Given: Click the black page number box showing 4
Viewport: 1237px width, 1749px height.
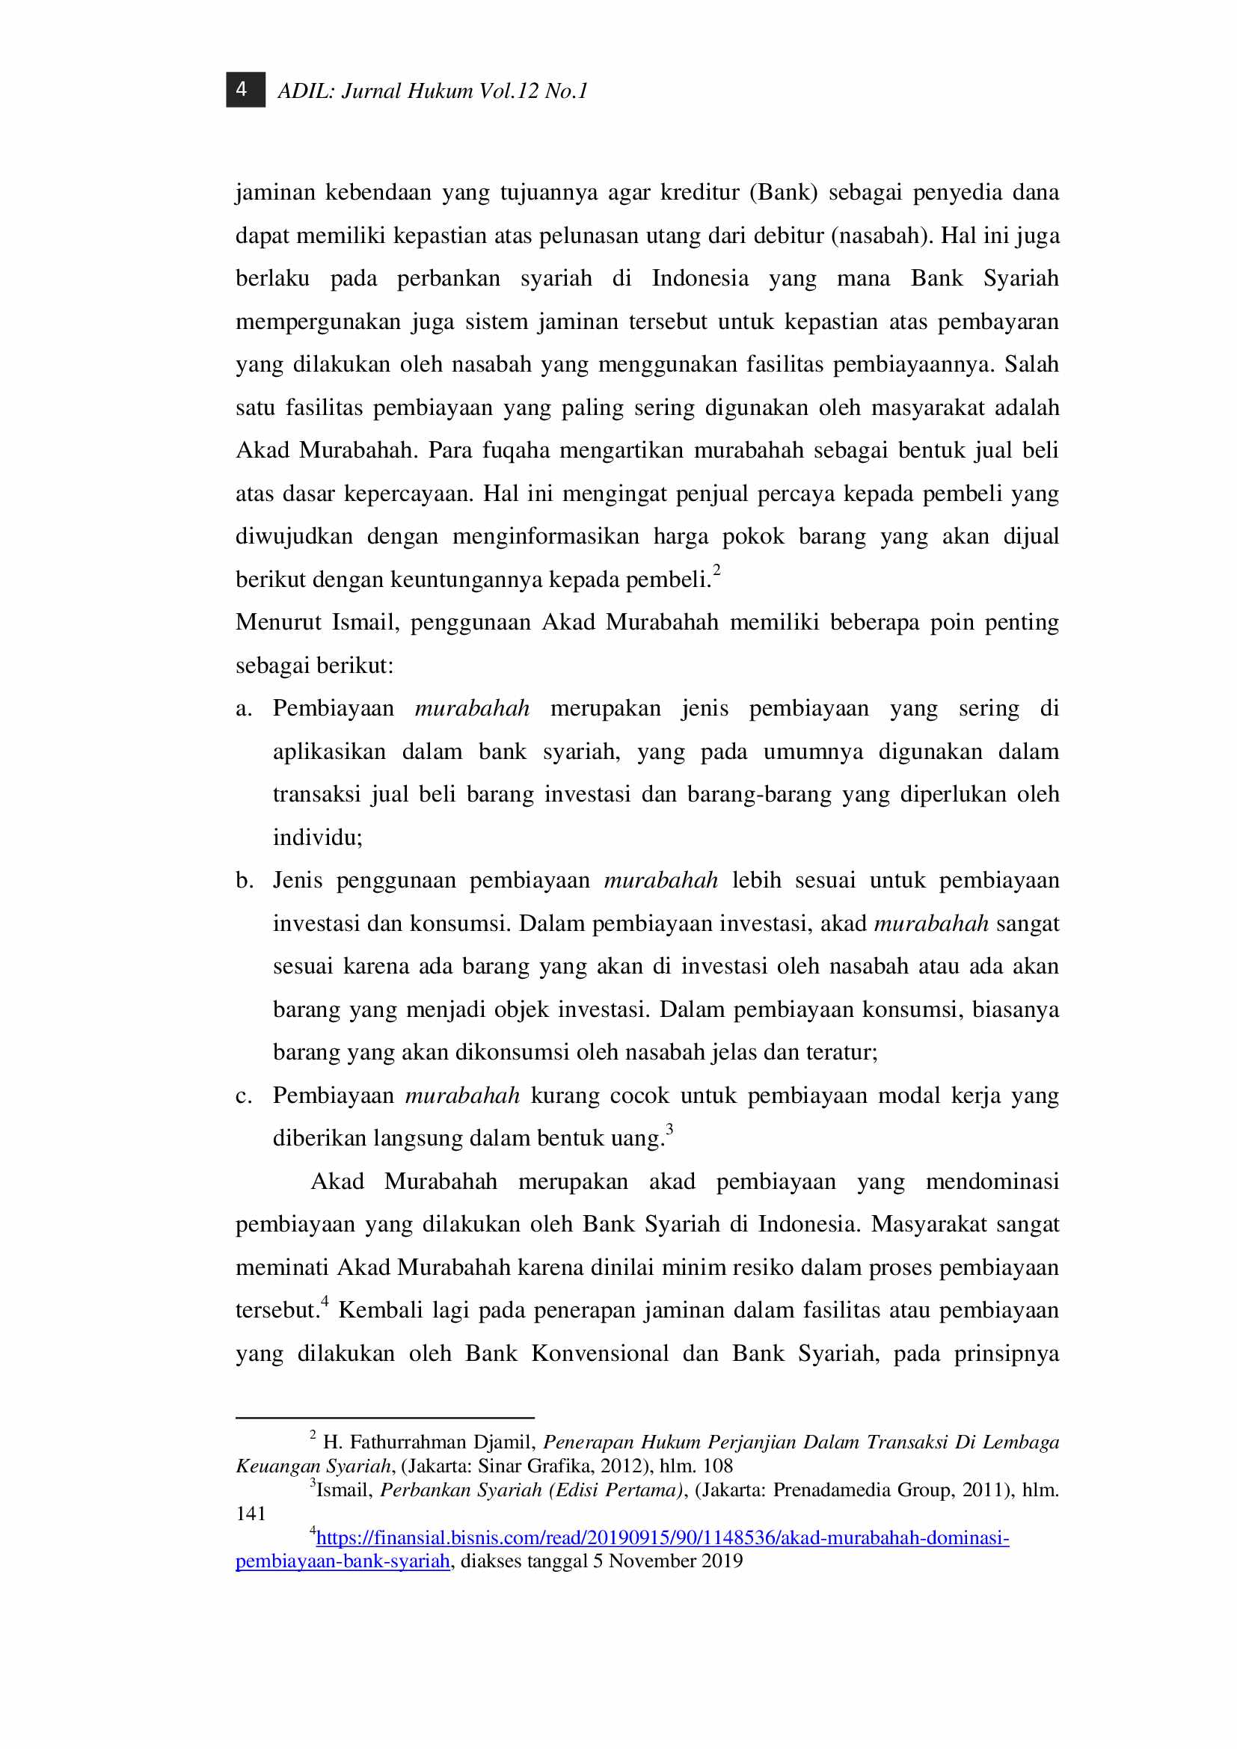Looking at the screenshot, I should click(245, 90).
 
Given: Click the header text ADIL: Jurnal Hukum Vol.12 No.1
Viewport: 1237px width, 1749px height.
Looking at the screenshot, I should click(432, 91).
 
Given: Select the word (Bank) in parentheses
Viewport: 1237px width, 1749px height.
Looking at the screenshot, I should click(783, 192).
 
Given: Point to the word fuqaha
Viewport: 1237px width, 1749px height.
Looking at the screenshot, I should click(516, 450).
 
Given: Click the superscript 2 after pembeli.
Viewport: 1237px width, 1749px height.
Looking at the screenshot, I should click(716, 570).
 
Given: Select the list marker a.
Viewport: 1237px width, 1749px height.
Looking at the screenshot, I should click(243, 709).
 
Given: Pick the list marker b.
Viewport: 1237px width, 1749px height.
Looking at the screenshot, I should click(244, 882).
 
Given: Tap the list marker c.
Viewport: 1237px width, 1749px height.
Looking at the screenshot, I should click(243, 1096).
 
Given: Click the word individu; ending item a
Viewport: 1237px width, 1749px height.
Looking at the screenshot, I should click(318, 838).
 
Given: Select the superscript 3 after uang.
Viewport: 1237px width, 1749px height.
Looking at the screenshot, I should click(669, 1129).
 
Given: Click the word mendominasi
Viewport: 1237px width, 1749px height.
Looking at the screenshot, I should click(992, 1182).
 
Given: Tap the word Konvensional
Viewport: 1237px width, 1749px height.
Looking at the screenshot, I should click(601, 1353).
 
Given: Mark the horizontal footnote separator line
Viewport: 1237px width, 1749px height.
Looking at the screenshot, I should click(384, 1418).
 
